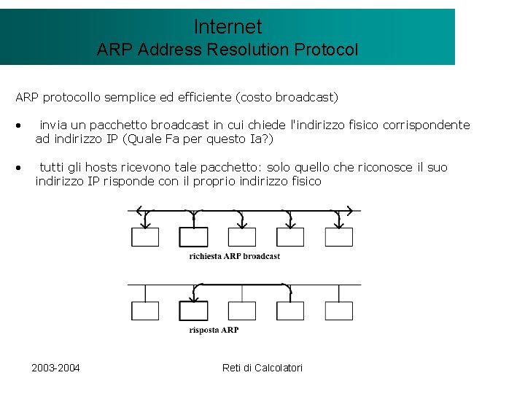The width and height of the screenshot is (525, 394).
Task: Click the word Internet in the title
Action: point(227,27)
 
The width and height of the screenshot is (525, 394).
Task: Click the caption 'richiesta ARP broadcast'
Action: point(235,256)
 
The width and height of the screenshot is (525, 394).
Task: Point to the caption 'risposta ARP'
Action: point(214,330)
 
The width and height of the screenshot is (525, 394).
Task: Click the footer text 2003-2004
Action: point(56,367)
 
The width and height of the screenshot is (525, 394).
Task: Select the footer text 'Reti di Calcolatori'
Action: point(262,367)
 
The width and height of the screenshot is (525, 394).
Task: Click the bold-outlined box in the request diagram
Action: point(194,237)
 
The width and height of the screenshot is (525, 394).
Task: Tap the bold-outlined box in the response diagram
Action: point(194,311)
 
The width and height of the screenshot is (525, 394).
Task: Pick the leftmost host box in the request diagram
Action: point(144,237)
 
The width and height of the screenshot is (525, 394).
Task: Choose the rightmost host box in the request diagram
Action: point(339,237)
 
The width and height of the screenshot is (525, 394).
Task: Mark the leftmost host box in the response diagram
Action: point(144,311)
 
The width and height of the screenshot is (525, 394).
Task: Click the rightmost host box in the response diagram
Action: point(339,311)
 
